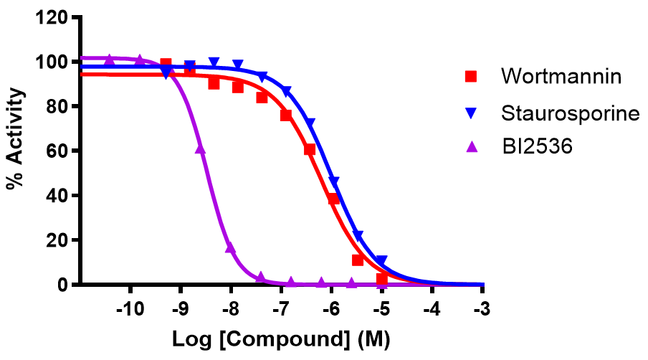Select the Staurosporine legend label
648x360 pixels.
(x=570, y=113)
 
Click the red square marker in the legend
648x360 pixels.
(x=471, y=75)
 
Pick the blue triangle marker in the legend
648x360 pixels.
(x=471, y=113)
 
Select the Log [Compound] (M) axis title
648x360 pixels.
(x=282, y=338)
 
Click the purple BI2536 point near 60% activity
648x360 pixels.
(x=200, y=148)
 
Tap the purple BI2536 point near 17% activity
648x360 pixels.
(x=230, y=247)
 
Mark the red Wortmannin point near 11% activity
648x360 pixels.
(x=358, y=260)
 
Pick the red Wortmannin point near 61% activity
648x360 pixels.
(x=310, y=149)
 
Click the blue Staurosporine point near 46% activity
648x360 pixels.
(x=334, y=182)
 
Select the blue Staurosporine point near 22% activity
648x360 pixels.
(x=358, y=236)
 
